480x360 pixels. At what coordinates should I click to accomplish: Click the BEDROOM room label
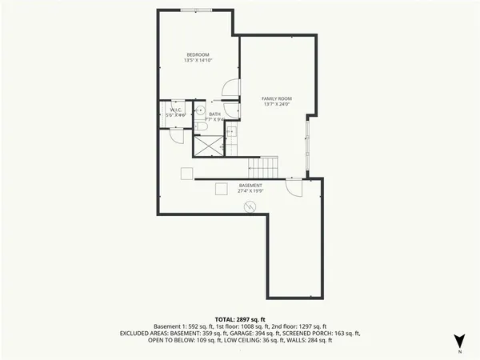tap(197, 54)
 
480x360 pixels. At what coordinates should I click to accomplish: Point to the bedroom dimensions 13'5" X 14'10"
tap(197, 60)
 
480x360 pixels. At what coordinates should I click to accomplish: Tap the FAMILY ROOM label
tap(275, 98)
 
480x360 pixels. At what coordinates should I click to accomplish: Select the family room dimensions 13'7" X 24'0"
tap(275, 104)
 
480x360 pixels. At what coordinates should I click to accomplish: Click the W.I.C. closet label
tap(174, 110)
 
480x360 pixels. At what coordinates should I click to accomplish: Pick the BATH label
tap(214, 114)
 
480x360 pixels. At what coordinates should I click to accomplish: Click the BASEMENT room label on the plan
tap(250, 186)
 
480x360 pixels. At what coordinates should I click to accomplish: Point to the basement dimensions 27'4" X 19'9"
tap(250, 191)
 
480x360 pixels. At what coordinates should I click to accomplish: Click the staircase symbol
tap(263, 167)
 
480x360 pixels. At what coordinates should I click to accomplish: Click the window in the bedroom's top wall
tap(197, 10)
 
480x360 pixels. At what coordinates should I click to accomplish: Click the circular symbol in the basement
tap(250, 207)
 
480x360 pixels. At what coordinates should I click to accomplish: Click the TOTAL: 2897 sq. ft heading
tap(240, 318)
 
